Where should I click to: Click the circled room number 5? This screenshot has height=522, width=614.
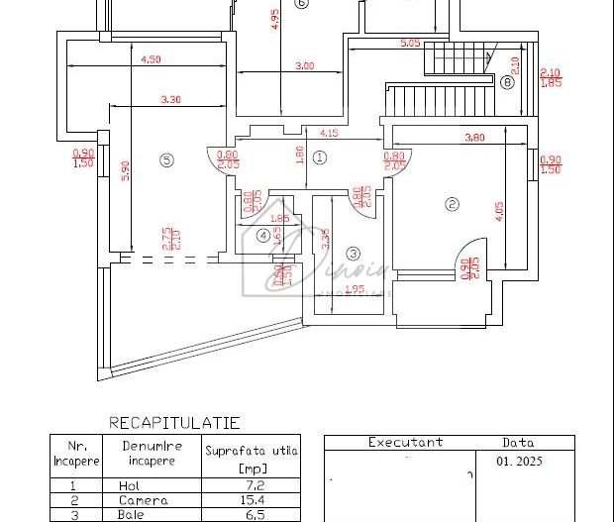(166, 158)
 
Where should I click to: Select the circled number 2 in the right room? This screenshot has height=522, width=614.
(452, 205)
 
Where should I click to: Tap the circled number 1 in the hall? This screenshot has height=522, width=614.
(319, 157)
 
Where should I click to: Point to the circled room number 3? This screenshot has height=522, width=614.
(352, 253)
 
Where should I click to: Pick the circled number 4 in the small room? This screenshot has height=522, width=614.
(262, 235)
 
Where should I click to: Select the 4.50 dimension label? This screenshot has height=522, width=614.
(151, 59)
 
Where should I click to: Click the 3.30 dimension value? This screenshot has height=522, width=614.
(170, 99)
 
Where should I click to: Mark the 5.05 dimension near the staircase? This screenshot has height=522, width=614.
(410, 44)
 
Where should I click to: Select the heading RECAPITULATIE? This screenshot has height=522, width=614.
(174, 423)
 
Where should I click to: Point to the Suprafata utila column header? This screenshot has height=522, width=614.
(251, 458)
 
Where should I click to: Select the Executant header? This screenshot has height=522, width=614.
(405, 443)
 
